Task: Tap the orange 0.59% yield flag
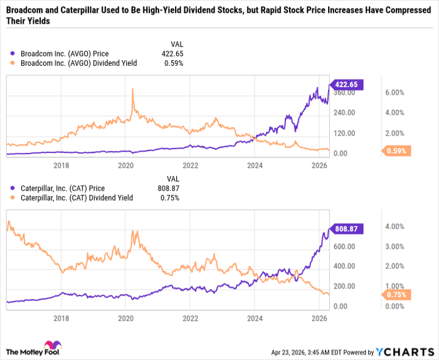pyautogui.click(x=396, y=151)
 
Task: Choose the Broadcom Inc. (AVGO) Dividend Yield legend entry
pyautogui.click(x=78, y=63)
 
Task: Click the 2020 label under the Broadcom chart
pyautogui.click(x=126, y=166)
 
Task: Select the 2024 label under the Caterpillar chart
pyautogui.click(x=255, y=318)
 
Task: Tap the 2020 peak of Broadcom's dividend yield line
pyautogui.click(x=132, y=89)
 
